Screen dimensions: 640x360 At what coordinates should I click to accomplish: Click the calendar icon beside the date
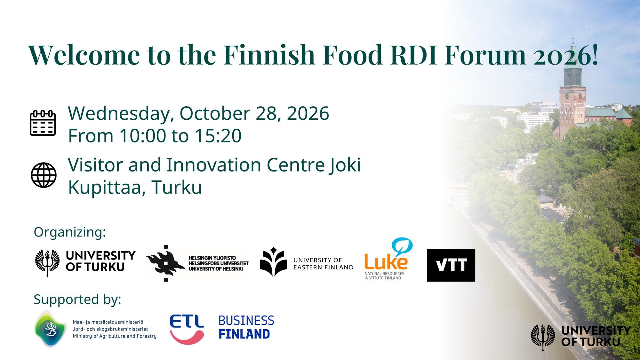43,123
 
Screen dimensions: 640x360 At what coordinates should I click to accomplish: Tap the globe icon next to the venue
44,175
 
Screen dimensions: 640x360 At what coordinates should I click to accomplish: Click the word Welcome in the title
84,55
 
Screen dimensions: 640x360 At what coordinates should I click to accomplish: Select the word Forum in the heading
485,55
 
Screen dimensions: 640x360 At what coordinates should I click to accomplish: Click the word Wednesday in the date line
121,114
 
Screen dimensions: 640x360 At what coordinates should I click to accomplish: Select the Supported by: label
77,300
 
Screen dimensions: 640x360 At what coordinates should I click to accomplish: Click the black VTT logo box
451,265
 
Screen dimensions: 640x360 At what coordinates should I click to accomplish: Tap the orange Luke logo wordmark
386,262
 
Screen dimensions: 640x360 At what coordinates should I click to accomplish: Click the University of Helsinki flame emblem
165,263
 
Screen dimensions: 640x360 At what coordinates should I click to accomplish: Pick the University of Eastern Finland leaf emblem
273,262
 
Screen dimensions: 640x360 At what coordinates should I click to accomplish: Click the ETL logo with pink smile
187,329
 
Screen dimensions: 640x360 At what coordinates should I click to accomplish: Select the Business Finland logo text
246,327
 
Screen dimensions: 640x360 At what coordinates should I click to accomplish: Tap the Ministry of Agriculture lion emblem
51,329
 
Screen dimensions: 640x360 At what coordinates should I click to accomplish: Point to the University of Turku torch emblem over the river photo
543,337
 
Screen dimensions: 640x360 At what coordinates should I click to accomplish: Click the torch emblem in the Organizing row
47,262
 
